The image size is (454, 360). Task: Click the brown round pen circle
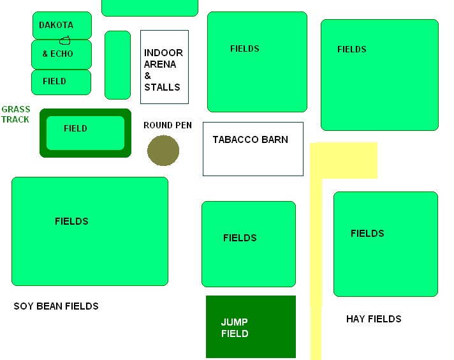point(163,151)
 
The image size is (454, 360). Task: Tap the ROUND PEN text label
point(168,125)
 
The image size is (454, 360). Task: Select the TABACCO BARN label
point(251,140)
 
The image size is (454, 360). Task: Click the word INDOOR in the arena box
point(163,53)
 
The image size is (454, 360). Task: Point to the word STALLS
point(162,87)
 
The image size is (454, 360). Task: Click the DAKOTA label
point(56,26)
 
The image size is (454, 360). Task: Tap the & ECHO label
point(57,54)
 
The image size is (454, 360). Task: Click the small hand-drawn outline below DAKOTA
point(65,41)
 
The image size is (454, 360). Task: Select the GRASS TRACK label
point(16,114)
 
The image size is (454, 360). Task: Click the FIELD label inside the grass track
point(75,128)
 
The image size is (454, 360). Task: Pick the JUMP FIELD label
point(235,328)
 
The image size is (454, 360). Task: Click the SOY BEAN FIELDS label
point(56,306)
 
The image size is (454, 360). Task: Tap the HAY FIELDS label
point(374,319)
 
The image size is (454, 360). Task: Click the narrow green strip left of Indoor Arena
point(117,65)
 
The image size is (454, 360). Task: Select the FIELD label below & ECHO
point(54,81)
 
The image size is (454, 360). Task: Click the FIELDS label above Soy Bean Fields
point(71,221)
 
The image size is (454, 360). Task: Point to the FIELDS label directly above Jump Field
point(240,238)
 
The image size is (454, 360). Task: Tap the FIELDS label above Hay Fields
point(367,234)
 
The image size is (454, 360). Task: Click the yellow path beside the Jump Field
point(316,261)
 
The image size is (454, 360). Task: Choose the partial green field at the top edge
point(150,8)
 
